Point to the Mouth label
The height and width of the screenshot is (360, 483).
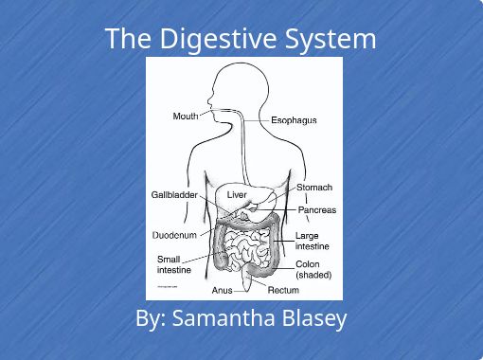tap(186, 117)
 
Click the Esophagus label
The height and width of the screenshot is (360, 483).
tap(294, 121)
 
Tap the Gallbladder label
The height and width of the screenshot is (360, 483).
tap(174, 194)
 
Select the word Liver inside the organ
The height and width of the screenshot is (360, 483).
tap(237, 195)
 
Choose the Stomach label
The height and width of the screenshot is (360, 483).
tap(314, 188)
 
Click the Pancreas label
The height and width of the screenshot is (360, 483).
tap(317, 209)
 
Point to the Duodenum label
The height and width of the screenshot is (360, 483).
tap(174, 234)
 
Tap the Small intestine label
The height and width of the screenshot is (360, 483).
tap(174, 263)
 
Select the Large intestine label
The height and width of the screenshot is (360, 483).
tap(313, 241)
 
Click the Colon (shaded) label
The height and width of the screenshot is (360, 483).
tap(313, 269)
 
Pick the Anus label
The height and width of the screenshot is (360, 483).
tap(223, 291)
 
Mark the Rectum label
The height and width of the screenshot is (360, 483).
tap(284, 290)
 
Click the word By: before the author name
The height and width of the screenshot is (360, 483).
tap(152, 318)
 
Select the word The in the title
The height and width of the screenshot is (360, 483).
tap(123, 40)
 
